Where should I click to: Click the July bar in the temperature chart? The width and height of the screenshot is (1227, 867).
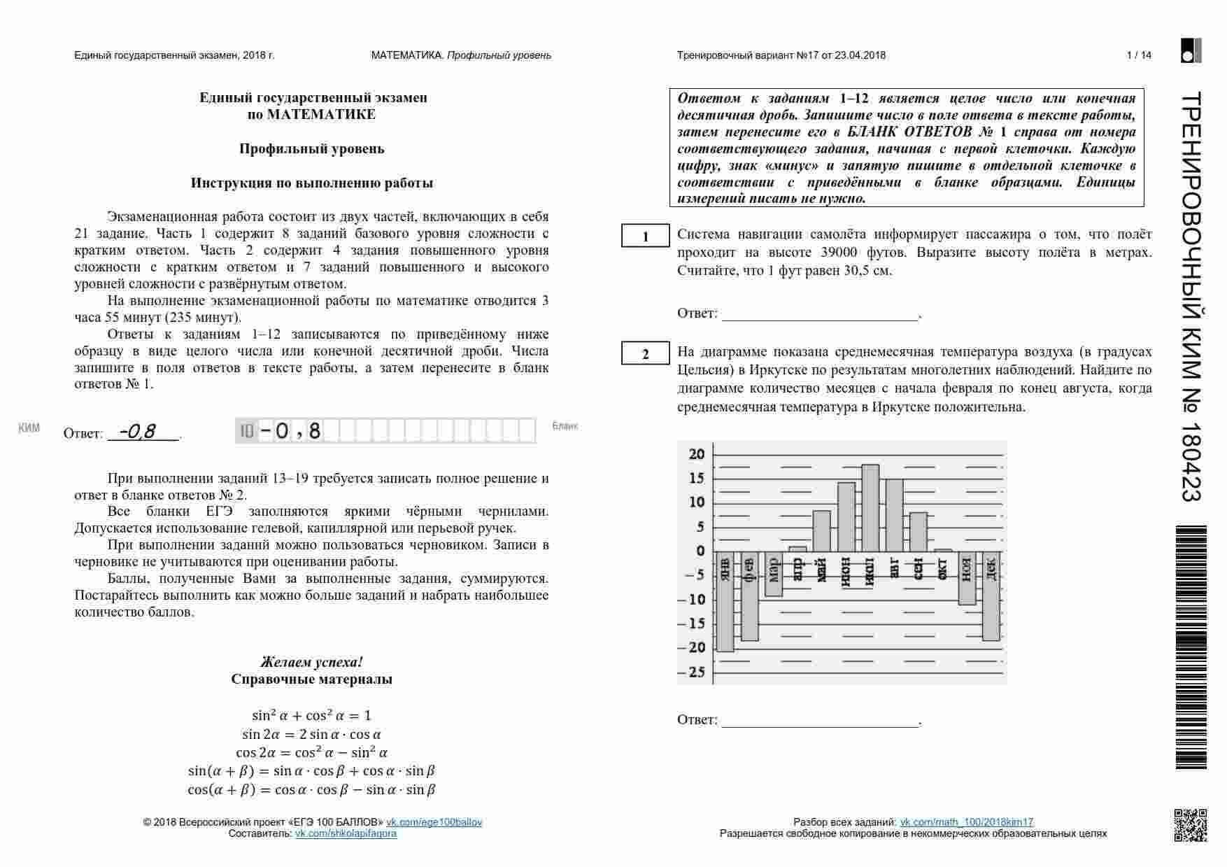pyautogui.click(x=870, y=508)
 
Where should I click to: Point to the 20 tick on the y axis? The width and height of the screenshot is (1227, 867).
pyautogui.click(x=697, y=454)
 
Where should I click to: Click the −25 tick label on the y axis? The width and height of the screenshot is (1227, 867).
pyautogui.click(x=693, y=672)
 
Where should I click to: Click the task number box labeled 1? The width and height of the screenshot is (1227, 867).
pyautogui.click(x=646, y=237)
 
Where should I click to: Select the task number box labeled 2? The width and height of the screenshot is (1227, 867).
pyautogui.click(x=646, y=354)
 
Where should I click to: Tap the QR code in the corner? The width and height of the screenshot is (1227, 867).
pyautogui.click(x=1189, y=824)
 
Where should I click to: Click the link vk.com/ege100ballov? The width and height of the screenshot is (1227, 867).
pyautogui.click(x=434, y=822)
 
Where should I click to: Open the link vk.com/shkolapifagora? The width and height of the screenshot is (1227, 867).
pyautogui.click(x=346, y=833)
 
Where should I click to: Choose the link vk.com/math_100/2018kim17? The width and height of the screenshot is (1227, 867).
pyautogui.click(x=966, y=822)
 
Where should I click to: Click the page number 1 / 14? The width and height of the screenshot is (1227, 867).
pyautogui.click(x=1139, y=55)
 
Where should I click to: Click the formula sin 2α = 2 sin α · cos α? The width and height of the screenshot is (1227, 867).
pyautogui.click(x=311, y=734)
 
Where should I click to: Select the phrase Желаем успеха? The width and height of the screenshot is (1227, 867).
pyautogui.click(x=311, y=662)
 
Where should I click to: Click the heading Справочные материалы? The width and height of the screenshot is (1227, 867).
pyautogui.click(x=311, y=679)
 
